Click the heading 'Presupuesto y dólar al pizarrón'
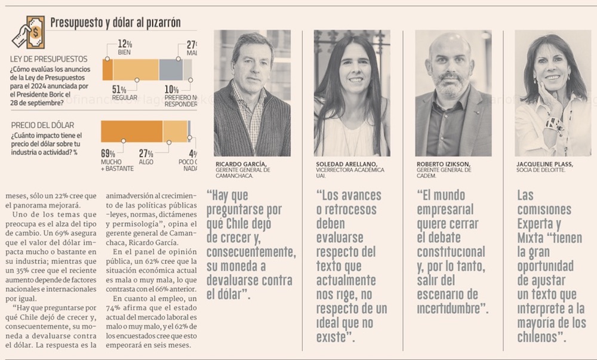[115, 23]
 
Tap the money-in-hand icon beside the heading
[28, 32]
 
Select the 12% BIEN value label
[125, 44]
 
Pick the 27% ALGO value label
[146, 153]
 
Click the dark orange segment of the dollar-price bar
[131, 131]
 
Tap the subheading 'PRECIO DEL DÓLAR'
[42, 125]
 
